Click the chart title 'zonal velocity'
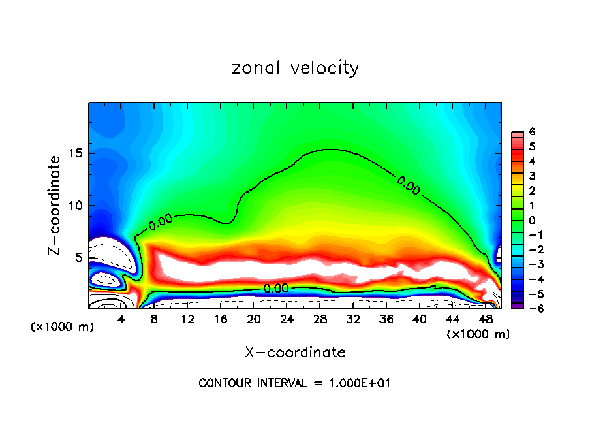(x=295, y=68)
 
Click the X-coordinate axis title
(x=295, y=353)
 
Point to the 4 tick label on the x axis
(x=121, y=319)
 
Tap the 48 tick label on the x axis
(x=484, y=319)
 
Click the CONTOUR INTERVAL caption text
(x=294, y=383)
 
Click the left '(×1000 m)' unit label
(x=63, y=327)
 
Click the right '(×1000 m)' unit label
(x=478, y=334)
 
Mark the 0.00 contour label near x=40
(x=409, y=185)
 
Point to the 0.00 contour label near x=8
(x=161, y=222)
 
